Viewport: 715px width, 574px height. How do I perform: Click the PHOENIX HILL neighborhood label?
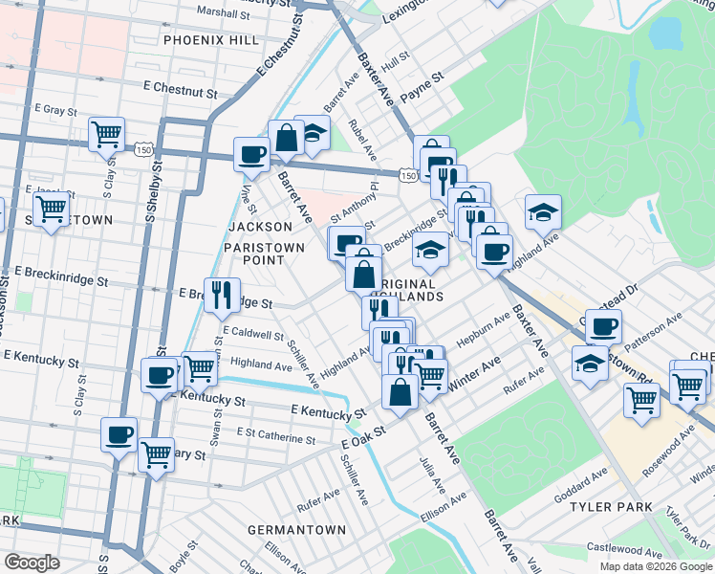210,40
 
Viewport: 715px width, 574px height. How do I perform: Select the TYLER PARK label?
611,506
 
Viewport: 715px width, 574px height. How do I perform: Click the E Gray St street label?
54,111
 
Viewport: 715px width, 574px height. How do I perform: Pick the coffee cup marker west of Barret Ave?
252,154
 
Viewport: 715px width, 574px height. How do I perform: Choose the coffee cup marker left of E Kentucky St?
159,374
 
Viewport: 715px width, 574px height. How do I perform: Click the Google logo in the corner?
32,563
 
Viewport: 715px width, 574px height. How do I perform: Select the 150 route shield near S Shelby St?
143,150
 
